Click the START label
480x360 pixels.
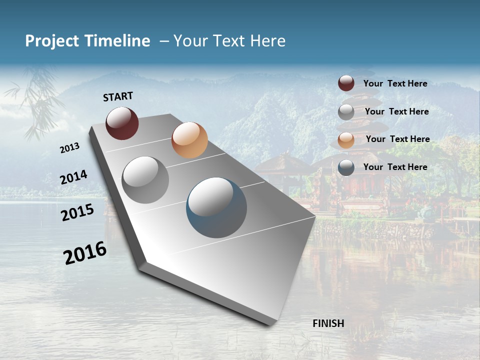(118, 96)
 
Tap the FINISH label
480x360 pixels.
(328, 323)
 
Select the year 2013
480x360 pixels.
(69, 148)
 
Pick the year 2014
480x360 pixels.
(73, 177)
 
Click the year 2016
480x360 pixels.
(85, 253)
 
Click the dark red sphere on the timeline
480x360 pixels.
(122, 123)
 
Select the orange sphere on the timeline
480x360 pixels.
(189, 140)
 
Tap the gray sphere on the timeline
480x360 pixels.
(145, 180)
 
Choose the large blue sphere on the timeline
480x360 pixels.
(216, 207)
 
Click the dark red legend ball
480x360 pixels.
(346, 83)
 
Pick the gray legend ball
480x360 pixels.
(346, 112)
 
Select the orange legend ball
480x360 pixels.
(346, 139)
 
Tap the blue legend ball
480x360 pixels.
(346, 167)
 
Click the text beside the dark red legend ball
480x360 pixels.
(395, 83)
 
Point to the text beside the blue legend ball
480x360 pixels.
(395, 167)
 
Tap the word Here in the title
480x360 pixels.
(267, 41)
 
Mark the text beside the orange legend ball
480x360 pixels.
(397, 139)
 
